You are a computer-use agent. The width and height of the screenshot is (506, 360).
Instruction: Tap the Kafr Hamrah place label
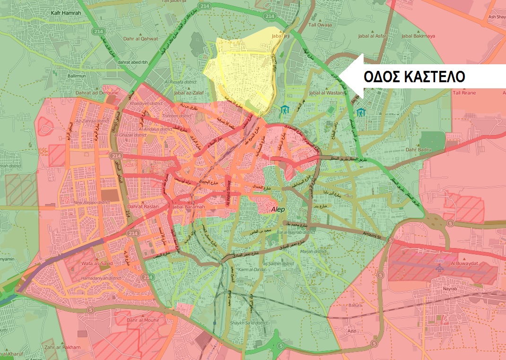[66, 13]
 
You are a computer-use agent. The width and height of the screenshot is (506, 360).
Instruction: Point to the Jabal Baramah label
[189, 206]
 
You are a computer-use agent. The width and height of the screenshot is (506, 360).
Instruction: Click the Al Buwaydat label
[465, 263]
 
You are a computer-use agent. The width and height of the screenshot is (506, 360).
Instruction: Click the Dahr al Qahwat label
[140, 39]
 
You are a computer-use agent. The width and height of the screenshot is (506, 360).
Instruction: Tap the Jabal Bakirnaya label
[417, 36]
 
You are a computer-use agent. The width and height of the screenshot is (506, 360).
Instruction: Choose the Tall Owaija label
[320, 25]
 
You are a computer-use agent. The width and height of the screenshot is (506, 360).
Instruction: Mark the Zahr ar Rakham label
[61, 347]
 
